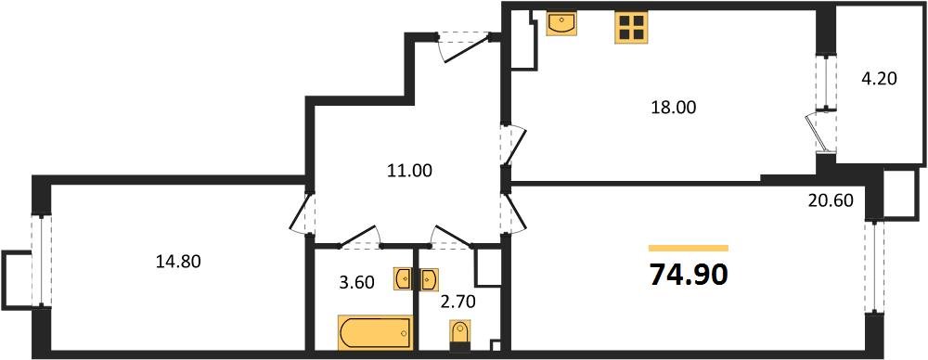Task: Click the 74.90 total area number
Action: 688,275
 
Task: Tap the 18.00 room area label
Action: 674,108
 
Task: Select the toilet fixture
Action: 460,334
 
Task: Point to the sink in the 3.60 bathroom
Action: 404,278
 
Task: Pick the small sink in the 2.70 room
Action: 430,278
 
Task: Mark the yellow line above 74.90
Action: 688,249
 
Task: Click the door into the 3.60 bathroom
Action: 360,239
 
